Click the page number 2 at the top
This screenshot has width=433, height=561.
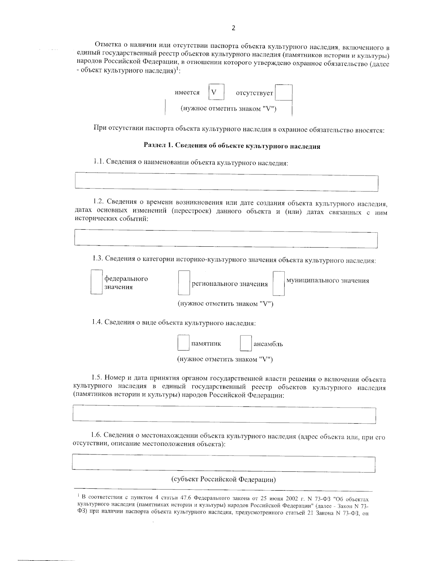coord(233,28)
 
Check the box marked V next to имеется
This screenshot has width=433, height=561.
coord(216,92)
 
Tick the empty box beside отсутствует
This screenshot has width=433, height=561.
coord(283,93)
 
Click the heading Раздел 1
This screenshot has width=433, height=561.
coord(232,146)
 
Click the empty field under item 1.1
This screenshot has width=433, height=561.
coord(226,182)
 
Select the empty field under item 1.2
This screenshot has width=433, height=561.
coord(226,239)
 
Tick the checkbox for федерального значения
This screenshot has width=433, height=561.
coord(96,282)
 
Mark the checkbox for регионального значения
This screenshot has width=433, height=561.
coord(184,283)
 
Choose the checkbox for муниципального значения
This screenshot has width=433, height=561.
coord(279,284)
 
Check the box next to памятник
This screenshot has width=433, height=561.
coord(183,343)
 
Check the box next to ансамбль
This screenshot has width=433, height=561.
coord(246,344)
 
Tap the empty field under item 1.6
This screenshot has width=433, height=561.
coord(223,463)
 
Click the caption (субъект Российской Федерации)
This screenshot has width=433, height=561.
coord(223,480)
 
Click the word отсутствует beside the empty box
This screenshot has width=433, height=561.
coord(254,93)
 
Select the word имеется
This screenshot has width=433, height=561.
coord(187,92)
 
